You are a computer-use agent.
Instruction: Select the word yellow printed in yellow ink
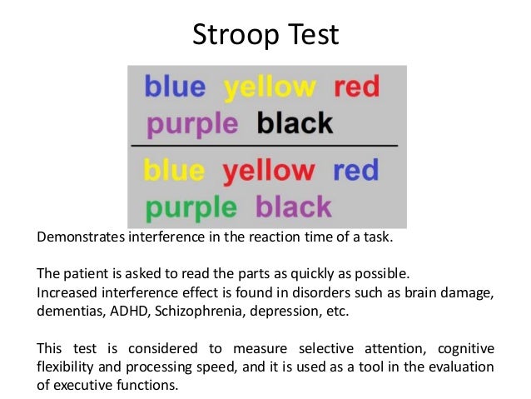coord(270,87)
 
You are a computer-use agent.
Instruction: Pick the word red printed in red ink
coord(357,87)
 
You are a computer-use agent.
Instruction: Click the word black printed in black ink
coord(295,124)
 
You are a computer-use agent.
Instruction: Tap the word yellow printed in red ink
coord(269,171)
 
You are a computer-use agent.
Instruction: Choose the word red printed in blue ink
coord(355,170)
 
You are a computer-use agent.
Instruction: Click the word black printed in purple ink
coord(294,206)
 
